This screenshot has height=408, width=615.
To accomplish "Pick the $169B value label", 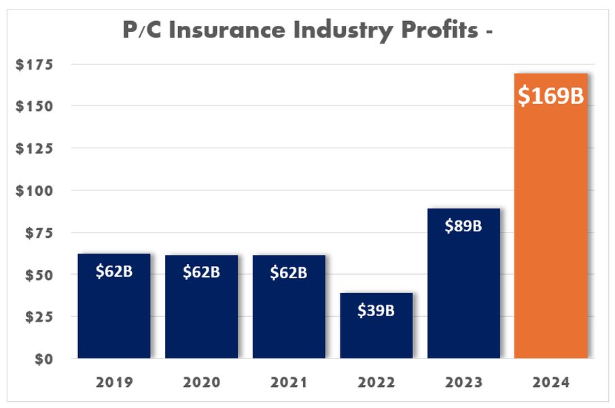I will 551,96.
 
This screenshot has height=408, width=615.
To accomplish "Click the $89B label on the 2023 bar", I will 463,226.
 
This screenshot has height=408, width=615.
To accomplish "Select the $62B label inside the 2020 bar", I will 202,273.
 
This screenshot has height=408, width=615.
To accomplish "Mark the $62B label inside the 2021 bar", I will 289,273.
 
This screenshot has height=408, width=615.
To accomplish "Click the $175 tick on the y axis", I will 40,65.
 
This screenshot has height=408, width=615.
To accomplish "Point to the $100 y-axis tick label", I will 40,190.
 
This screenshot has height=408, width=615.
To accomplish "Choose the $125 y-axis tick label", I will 40,148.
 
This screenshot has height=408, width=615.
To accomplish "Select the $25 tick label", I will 43,316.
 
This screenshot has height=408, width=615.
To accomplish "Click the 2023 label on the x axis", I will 463,382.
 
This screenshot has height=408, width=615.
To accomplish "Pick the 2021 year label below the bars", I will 289,382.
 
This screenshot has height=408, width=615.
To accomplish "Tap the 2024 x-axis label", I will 551,382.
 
